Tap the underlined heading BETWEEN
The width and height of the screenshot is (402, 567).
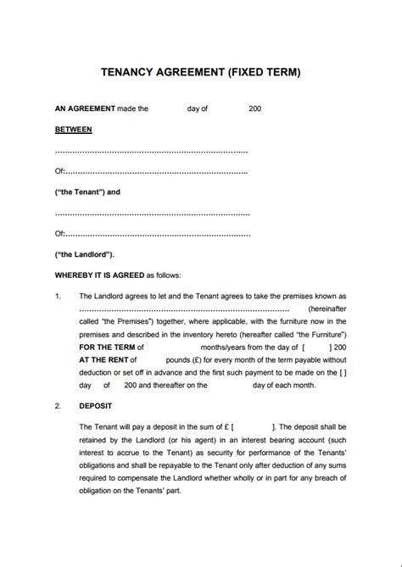click(74, 130)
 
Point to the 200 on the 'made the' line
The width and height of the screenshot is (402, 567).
click(255, 108)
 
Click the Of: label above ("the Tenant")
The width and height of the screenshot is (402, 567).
click(59, 171)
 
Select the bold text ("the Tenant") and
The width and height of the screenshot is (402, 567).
click(87, 192)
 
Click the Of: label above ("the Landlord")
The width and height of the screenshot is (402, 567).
click(59, 233)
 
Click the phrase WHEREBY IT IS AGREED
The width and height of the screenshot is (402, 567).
click(99, 275)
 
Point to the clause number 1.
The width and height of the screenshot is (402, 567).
click(58, 297)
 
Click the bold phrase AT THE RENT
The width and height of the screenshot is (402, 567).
click(103, 359)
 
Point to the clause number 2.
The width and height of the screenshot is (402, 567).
click(58, 406)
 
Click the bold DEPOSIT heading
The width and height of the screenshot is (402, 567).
click(96, 406)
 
